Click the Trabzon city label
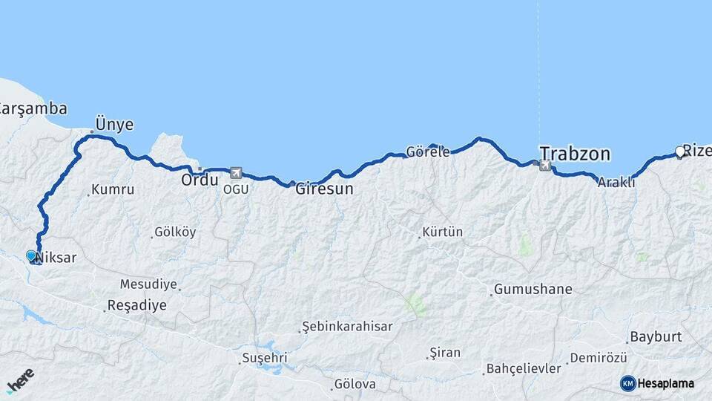tap(575, 154)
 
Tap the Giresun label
tap(324, 189)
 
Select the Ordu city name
tap(200, 180)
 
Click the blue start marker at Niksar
tap(31, 255)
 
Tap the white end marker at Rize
tap(679, 152)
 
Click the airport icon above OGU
tap(236, 172)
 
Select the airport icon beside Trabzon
tap(546, 165)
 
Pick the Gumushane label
tap(533, 289)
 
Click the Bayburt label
tap(655, 336)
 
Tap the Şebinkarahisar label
tap(348, 326)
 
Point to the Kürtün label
tap(442, 232)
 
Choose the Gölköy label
tap(175, 232)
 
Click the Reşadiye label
tap(136, 305)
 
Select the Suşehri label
tap(264, 359)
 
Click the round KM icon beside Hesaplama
tap(627, 383)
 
